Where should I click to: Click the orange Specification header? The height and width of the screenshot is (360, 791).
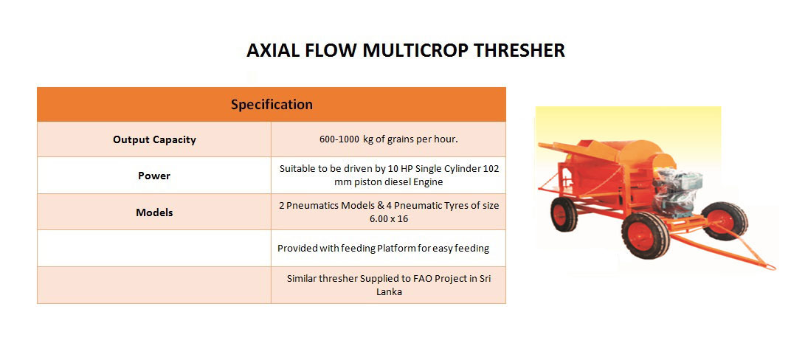pyautogui.click(x=272, y=104)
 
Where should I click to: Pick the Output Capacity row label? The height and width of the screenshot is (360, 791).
pyautogui.click(x=154, y=139)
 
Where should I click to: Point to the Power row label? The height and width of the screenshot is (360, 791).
pyautogui.click(x=154, y=176)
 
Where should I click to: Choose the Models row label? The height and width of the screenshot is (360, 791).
pyautogui.click(x=154, y=212)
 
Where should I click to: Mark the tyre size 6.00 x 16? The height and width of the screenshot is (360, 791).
pyautogui.click(x=389, y=219)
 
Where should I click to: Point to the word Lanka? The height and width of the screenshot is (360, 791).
pyautogui.click(x=389, y=291)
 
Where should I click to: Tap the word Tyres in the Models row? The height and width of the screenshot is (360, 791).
pyautogui.click(x=455, y=206)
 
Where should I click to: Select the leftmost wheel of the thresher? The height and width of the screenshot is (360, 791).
pyautogui.click(x=564, y=214)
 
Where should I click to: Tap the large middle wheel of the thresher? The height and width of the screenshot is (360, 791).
pyautogui.click(x=645, y=235)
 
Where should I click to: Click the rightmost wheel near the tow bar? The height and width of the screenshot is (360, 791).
pyautogui.click(x=725, y=221)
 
